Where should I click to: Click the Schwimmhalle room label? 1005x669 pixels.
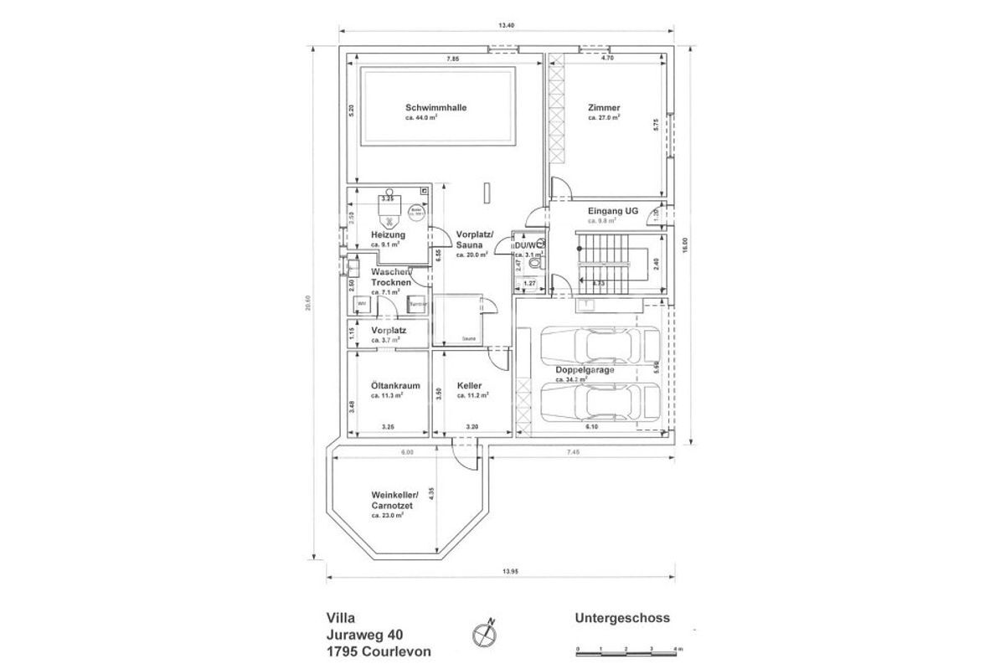(x=435, y=108)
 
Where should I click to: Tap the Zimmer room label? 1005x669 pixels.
(x=603, y=108)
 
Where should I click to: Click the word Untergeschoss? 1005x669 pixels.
(x=622, y=619)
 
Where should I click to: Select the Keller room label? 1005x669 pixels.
(x=469, y=386)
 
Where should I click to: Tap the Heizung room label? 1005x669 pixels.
(x=388, y=235)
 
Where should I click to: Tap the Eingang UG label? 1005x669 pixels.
(x=613, y=212)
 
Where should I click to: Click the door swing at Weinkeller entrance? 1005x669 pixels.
(x=466, y=456)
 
